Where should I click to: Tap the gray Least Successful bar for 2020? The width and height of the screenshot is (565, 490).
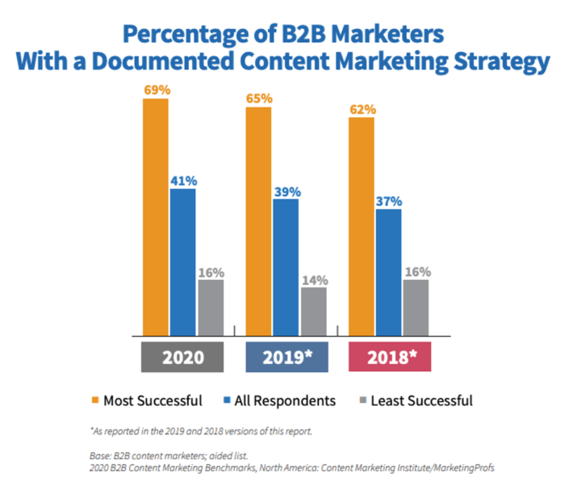[x=210, y=307]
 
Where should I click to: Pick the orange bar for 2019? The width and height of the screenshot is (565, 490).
[x=258, y=220]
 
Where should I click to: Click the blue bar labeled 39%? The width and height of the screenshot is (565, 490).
[x=286, y=266]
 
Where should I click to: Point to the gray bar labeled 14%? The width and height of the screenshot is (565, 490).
[x=313, y=311]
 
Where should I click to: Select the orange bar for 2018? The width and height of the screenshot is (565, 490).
[x=361, y=226]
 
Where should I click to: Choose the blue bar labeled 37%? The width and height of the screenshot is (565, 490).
[x=388, y=271]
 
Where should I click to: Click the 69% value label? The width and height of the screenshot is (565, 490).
[x=157, y=90]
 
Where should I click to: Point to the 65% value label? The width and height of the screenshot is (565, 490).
[x=259, y=98]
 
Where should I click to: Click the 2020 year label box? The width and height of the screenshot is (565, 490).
[x=182, y=356]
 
